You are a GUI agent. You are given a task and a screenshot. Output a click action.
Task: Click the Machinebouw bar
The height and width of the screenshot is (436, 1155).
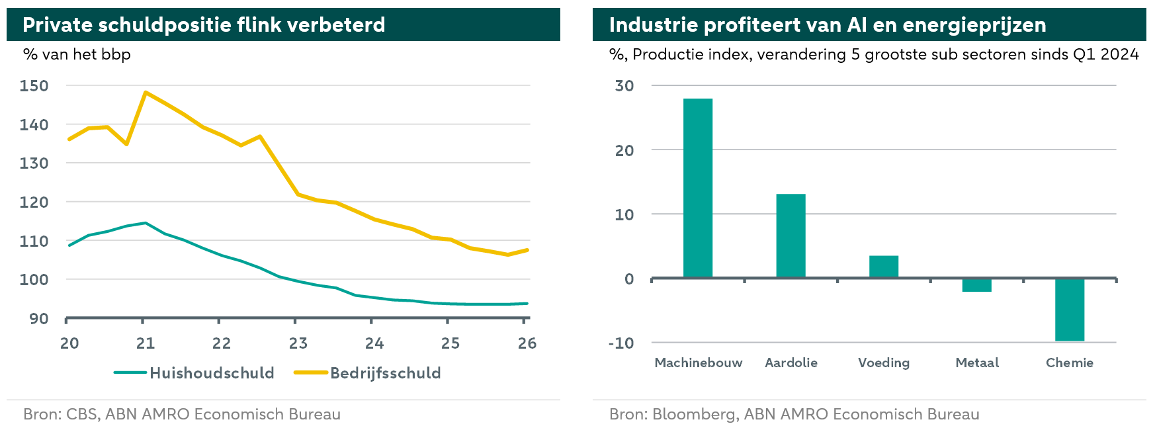(x=698, y=188)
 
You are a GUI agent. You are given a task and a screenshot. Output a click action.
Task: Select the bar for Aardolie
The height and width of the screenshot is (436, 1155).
(x=791, y=236)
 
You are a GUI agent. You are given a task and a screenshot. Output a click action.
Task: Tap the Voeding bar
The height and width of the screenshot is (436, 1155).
(x=884, y=267)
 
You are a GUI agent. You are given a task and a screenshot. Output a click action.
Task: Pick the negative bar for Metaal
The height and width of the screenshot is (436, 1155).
(x=976, y=285)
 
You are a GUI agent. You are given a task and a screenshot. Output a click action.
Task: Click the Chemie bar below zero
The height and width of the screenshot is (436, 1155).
(x=1070, y=310)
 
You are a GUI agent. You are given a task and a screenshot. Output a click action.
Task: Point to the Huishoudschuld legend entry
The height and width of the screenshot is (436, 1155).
(x=194, y=373)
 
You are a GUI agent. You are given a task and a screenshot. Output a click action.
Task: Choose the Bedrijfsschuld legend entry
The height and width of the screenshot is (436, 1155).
(x=367, y=373)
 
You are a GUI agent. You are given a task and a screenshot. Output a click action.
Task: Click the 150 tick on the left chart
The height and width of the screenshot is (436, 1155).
(x=34, y=85)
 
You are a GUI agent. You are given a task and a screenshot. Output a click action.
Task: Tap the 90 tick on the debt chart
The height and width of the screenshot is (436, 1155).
(x=39, y=319)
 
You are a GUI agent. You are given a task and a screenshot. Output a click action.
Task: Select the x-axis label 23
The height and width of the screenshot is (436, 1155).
(x=298, y=343)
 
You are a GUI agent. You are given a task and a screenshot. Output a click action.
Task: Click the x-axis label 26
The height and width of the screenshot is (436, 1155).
(x=527, y=343)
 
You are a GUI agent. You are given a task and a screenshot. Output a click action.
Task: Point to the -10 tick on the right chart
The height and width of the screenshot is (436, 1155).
(x=621, y=343)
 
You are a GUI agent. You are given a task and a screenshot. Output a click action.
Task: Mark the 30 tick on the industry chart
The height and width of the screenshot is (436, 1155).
(x=624, y=85)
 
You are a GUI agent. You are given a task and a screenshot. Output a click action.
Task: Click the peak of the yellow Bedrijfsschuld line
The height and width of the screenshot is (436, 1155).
(x=146, y=93)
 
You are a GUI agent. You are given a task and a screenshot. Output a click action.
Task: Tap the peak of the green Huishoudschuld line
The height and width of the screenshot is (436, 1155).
(x=146, y=223)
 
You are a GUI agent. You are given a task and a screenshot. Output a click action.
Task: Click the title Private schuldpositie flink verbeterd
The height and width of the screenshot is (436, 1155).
(x=204, y=25)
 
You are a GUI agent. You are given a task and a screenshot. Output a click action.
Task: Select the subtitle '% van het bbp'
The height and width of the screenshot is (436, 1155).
(x=77, y=54)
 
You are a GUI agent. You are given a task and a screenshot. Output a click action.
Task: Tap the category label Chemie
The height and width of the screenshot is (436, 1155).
(x=1070, y=363)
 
